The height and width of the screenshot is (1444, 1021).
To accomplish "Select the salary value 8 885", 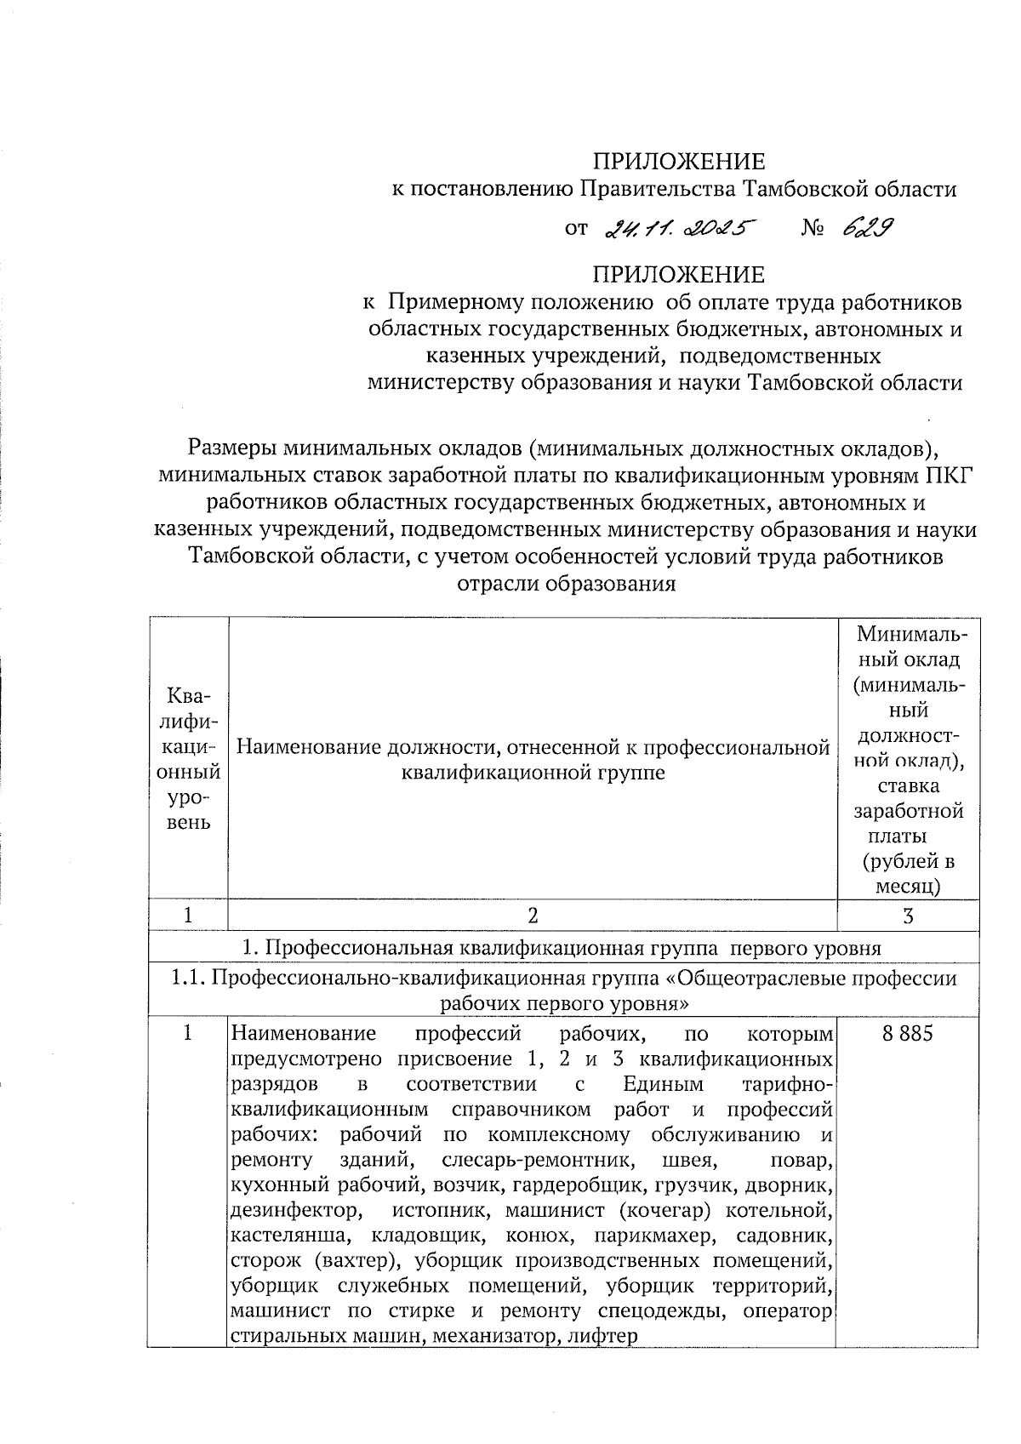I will (x=908, y=1033).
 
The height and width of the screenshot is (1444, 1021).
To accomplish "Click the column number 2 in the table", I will (x=533, y=915).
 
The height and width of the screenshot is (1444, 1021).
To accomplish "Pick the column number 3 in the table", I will (x=908, y=915).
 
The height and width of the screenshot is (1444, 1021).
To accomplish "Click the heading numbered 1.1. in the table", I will (x=187, y=979).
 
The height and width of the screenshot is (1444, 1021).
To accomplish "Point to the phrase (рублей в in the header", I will (x=908, y=861).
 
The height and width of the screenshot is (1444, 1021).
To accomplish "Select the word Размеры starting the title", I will (x=231, y=447).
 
